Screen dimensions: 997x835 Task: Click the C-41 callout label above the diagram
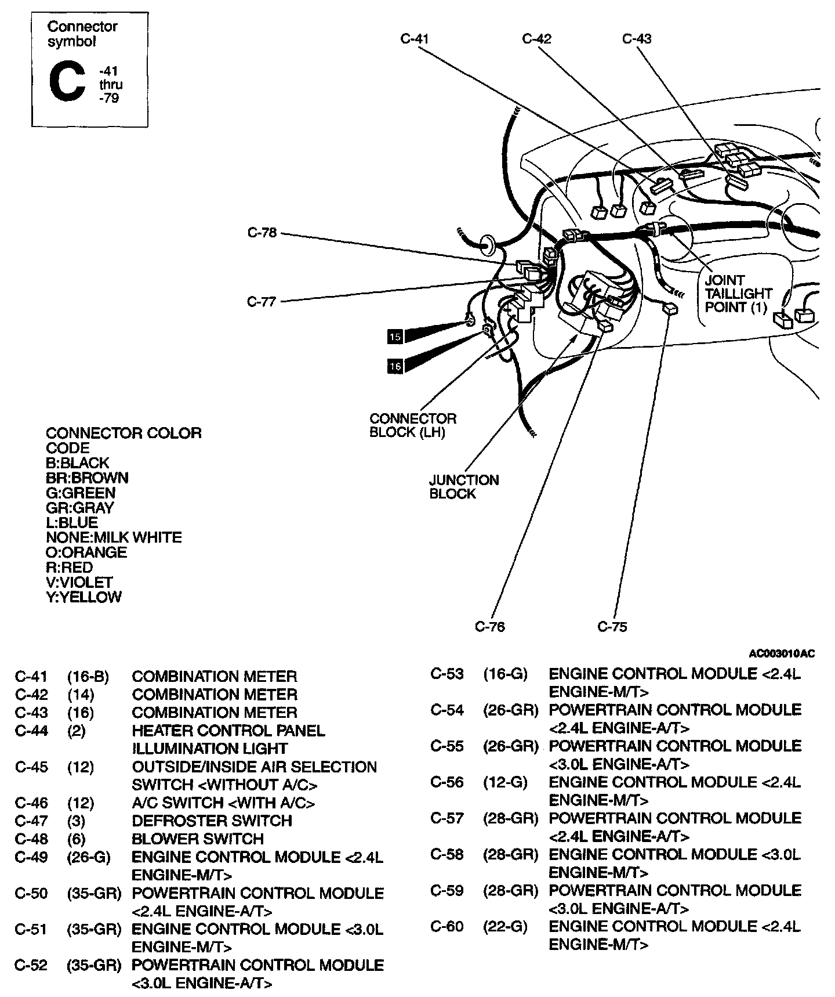[x=414, y=39]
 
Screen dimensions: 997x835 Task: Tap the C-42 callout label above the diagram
[x=536, y=39]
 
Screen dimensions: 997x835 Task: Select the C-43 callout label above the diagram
[x=636, y=39]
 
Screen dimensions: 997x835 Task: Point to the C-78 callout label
[x=262, y=233]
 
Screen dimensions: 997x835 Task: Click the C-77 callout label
[x=262, y=302]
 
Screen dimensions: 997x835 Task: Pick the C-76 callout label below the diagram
[x=490, y=627]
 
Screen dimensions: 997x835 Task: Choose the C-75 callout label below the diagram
[x=612, y=627]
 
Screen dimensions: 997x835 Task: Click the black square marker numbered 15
[x=395, y=337]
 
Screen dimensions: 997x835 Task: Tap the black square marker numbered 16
[x=395, y=366]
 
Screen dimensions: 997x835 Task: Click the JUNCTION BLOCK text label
[x=464, y=487]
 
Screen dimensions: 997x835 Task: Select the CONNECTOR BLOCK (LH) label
[x=413, y=425]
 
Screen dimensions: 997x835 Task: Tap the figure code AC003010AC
[x=782, y=654]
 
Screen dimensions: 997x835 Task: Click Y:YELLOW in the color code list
[x=83, y=597]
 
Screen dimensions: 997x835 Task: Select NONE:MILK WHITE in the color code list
[x=114, y=537]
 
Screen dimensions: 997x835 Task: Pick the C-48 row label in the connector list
[x=31, y=839]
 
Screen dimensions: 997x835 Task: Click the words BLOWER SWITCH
[x=198, y=839]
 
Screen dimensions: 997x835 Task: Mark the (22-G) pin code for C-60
[x=505, y=927]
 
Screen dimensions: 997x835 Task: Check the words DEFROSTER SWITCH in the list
[x=212, y=821]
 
